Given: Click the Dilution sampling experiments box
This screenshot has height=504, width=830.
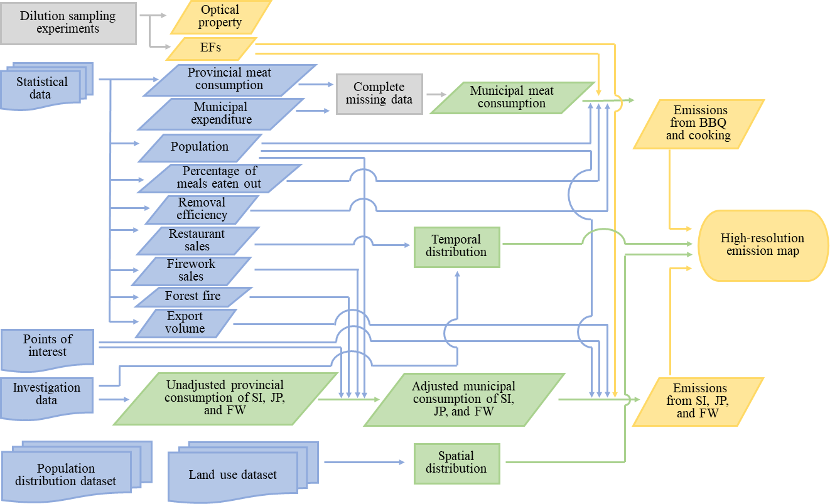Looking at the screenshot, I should [x=68, y=23].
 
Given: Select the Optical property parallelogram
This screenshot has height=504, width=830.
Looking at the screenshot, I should [x=220, y=17].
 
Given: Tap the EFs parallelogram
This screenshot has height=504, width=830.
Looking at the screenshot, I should [x=212, y=48].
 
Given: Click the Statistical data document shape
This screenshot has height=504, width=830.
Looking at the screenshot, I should [x=43, y=88].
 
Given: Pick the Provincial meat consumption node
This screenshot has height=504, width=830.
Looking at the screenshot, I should [x=229, y=80].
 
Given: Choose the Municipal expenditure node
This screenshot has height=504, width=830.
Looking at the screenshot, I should [x=221, y=114].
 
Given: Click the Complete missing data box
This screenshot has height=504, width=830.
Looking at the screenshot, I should [x=379, y=94].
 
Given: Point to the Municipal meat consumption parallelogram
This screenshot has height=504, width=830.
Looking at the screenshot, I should [x=512, y=97].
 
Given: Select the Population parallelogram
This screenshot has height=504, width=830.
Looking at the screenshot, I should [x=200, y=147].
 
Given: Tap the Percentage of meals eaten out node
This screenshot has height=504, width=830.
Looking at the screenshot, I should [x=219, y=178].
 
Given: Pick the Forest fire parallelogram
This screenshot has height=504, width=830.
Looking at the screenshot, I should [x=192, y=296].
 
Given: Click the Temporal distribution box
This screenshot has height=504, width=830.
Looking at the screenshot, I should [x=456, y=246].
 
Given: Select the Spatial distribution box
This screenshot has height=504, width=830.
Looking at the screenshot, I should [x=456, y=463].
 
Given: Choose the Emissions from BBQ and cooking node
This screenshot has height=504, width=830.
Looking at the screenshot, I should [x=698, y=124].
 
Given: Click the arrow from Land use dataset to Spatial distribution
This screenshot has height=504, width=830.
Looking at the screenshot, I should [x=364, y=463].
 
